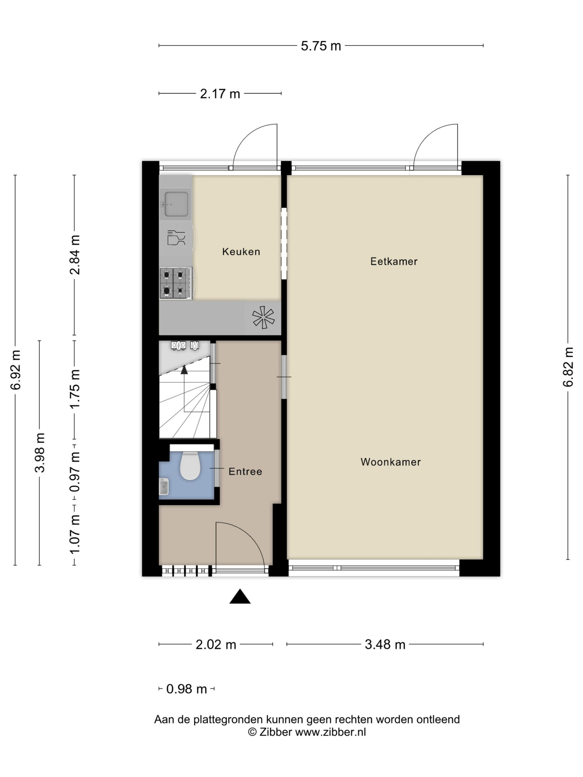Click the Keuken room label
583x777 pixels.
(x=241, y=252)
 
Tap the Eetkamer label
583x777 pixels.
(x=394, y=261)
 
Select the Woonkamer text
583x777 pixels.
(x=391, y=462)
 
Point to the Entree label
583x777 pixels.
(x=245, y=471)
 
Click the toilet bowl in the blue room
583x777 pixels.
(x=190, y=465)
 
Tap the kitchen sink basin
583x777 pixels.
(x=176, y=204)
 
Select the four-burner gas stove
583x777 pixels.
(x=176, y=283)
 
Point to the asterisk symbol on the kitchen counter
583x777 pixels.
(x=263, y=317)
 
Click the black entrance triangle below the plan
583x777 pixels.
(x=240, y=596)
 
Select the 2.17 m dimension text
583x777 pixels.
(x=220, y=94)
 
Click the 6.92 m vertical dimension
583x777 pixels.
(x=15, y=370)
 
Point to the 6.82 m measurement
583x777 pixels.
(x=568, y=367)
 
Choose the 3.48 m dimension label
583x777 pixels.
(x=385, y=645)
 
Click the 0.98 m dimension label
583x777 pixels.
(x=187, y=689)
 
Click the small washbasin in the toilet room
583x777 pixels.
(x=164, y=487)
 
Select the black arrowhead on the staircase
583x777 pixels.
(x=184, y=370)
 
